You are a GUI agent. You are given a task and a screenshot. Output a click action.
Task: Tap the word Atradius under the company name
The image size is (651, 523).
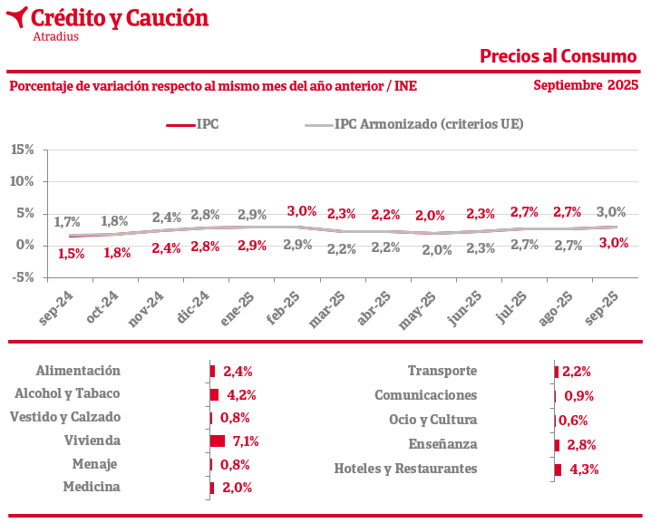(55, 37)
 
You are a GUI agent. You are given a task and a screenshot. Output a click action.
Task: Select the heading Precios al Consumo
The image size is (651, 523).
(558, 56)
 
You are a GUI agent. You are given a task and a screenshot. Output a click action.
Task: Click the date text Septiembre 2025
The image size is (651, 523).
(586, 86)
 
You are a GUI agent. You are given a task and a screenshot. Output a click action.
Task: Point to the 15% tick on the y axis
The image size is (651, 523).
(22, 149)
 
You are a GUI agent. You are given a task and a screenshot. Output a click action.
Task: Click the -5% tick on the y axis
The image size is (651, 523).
(22, 277)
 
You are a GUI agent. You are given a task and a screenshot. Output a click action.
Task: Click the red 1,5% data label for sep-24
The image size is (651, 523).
(71, 254)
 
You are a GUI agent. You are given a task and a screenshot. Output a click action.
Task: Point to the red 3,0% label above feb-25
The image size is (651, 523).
(301, 211)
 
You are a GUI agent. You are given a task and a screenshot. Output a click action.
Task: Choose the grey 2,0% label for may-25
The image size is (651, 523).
(436, 250)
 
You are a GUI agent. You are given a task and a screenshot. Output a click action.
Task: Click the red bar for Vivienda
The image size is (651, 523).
(217, 441)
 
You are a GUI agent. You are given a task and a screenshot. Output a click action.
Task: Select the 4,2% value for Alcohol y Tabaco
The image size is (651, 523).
(241, 394)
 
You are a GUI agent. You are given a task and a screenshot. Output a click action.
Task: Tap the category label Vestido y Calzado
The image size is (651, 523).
(64, 417)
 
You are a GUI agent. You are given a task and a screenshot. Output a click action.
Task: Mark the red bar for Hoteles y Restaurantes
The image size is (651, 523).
(558, 469)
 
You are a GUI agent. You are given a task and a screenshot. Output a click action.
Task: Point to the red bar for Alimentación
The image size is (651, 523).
(212, 371)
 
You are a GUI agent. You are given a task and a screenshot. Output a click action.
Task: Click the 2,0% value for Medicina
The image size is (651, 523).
(237, 488)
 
